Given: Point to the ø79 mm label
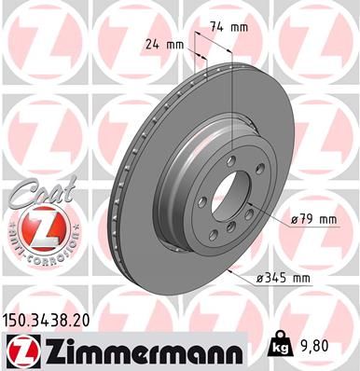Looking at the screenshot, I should (x=312, y=219).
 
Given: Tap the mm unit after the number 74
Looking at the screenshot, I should (x=241, y=27).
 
